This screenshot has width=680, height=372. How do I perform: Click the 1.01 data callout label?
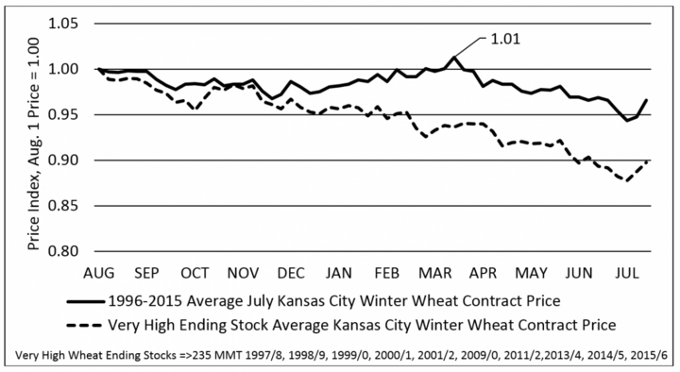pos(504,39)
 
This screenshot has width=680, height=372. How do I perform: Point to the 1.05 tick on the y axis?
pos(63,23)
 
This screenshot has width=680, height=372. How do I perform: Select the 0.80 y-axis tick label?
pos(63,251)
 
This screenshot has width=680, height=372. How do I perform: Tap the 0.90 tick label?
pos(63,160)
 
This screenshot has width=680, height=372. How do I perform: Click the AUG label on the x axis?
pos(99,273)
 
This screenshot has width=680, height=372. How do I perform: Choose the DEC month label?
pos(291,273)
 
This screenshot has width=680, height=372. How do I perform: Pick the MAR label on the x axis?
pos(435,273)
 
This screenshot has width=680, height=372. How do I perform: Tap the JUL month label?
pos(627,273)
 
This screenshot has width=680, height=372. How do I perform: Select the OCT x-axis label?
pos(195,273)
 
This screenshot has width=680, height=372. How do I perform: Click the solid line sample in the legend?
pos(85,301)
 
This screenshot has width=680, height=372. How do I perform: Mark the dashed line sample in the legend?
pos(85,325)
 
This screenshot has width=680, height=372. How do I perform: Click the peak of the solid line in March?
pos(453,57)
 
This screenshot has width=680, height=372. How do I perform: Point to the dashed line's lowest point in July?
pos(626,180)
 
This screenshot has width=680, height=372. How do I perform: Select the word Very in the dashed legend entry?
pos(122,325)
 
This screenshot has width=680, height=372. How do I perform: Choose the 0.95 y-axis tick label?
pos(63,114)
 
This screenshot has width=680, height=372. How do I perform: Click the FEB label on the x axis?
pos(387,273)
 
